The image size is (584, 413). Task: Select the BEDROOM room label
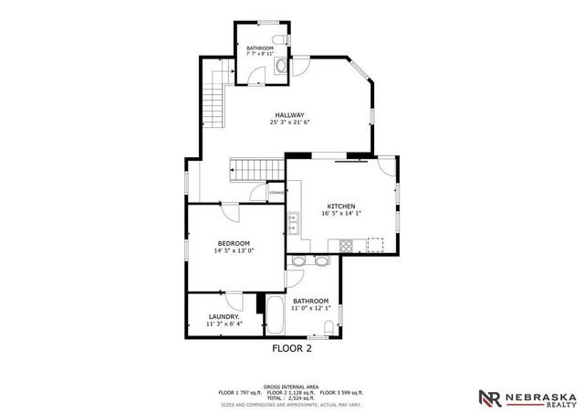coord(234,242)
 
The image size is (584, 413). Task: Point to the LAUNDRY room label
coord(224,316)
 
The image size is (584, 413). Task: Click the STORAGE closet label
coord(276,193)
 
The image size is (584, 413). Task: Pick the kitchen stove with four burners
coord(347,245)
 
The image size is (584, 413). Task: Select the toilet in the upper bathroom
coord(282,40)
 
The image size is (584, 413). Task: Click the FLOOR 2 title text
coord(292,348)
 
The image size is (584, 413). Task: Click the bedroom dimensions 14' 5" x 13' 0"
coord(234,250)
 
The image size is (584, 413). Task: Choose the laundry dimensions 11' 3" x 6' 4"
coord(224,323)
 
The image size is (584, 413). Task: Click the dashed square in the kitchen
coord(374,244)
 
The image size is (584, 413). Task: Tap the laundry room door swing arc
coord(234,300)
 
